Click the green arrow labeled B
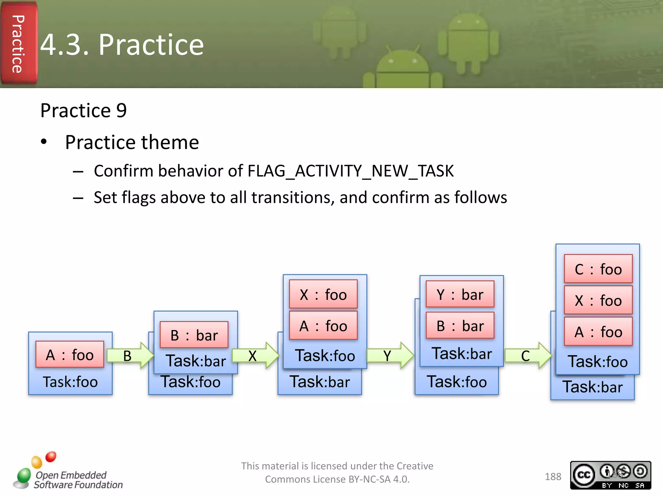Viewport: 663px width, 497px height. pyautogui.click(x=129, y=356)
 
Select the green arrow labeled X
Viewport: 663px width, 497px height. pyautogui.click(x=255, y=356)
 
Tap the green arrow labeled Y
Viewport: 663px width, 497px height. pyautogui.click(x=390, y=356)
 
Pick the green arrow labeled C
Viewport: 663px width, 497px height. pyautogui.click(x=528, y=356)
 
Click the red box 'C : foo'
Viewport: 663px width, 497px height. pyautogui.click(x=598, y=269)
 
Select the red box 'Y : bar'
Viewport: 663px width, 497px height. pyautogui.click(x=460, y=294)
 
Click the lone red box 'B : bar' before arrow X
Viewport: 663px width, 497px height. pyautogui.click(x=194, y=335)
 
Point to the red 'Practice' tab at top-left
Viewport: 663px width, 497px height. pyautogui.click(x=19, y=44)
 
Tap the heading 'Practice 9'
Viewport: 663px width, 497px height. pyautogui.click(x=84, y=110)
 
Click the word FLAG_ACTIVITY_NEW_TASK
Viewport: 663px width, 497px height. pyautogui.click(x=350, y=171)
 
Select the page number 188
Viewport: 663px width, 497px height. pyautogui.click(x=553, y=477)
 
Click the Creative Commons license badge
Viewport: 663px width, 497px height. pyautogui.click(x=610, y=475)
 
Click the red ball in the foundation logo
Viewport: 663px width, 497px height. pyautogui.click(x=51, y=457)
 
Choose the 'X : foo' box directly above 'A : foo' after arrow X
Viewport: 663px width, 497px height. pyautogui.click(x=323, y=294)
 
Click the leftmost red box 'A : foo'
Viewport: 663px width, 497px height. pyautogui.click(x=70, y=355)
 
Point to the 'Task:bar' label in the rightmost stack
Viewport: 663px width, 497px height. pyautogui.click(x=592, y=387)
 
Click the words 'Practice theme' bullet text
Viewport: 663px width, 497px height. pyautogui.click(x=132, y=142)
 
